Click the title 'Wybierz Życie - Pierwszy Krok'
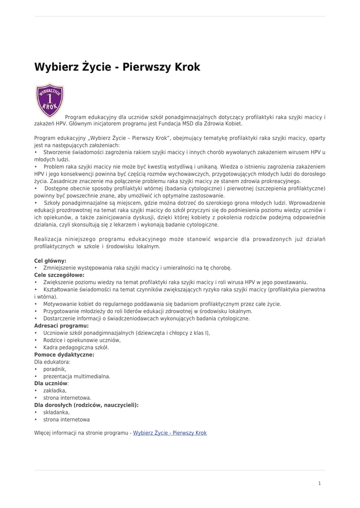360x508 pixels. click(117, 67)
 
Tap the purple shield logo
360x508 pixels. click(50, 100)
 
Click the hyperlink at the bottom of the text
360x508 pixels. click(170, 433)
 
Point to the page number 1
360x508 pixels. click(320, 483)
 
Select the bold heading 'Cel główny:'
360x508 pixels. click(50, 260)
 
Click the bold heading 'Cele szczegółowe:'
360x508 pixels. click(59, 275)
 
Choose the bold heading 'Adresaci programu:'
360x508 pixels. click(61, 325)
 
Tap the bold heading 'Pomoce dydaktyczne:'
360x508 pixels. click(64, 355)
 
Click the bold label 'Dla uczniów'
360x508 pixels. click(51, 383)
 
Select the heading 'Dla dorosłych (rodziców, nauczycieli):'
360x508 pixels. click(86, 405)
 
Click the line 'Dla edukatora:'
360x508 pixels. click(53, 362)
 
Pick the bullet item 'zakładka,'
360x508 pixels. click(55, 390)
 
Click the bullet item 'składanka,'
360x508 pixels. click(57, 412)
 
